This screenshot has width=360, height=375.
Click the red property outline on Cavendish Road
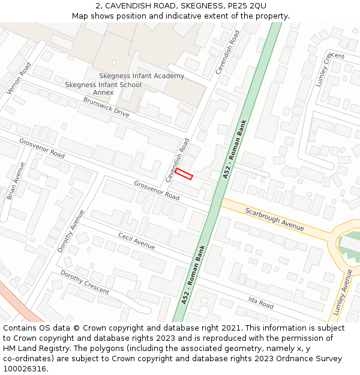click(184, 174)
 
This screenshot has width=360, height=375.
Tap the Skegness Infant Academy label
click(142, 76)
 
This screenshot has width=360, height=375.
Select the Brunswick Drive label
click(106, 107)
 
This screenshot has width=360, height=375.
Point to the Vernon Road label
click(19, 79)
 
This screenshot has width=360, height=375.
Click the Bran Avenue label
click(16, 181)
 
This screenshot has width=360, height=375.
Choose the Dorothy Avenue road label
click(71, 230)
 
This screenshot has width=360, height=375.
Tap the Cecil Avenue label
click(136, 241)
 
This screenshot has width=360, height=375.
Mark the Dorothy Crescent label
click(85, 282)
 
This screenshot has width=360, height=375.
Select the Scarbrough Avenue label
click(274, 220)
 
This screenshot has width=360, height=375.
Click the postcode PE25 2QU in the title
click(248, 6)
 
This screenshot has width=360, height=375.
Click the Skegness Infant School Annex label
click(103, 89)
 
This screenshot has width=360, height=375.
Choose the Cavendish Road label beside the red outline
click(177, 160)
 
